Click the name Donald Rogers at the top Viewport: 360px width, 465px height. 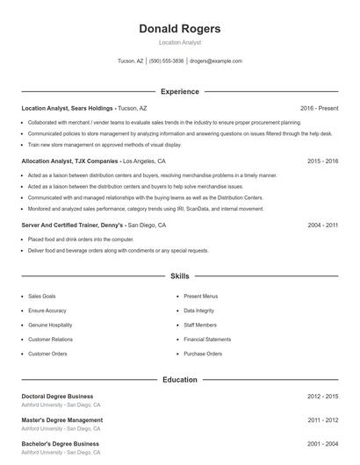click(x=179, y=29)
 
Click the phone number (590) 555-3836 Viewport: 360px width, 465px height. click(x=167, y=61)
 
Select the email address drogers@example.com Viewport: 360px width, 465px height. click(x=215, y=61)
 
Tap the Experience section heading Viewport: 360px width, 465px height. click(x=179, y=91)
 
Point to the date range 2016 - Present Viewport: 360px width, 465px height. click(x=319, y=108)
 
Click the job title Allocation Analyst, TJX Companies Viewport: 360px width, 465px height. click(x=69, y=161)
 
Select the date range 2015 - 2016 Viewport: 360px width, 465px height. click(x=322, y=161)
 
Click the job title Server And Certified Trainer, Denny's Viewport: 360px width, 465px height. click(x=73, y=225)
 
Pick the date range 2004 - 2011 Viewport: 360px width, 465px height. click(x=322, y=225)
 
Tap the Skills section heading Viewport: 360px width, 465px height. click(x=179, y=275)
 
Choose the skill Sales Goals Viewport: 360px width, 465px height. click(x=41, y=297)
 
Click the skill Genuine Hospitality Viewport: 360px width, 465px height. click(x=50, y=325)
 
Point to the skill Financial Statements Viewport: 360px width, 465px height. click(x=207, y=339)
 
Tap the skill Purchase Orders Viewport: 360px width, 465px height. click(x=203, y=354)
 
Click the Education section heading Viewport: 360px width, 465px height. click(x=179, y=380)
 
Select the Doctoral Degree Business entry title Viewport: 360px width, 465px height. click(x=57, y=397)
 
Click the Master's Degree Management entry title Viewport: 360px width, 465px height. click(x=61, y=420)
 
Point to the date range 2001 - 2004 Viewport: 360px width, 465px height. click(x=322, y=444)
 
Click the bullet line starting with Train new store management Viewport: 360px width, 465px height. click(x=104, y=145)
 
